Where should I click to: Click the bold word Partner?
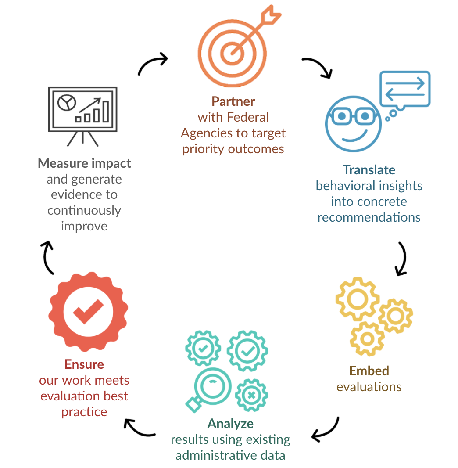click(x=233, y=101)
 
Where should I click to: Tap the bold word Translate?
click(x=369, y=170)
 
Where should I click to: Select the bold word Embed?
click(x=369, y=371)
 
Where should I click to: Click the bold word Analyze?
click(x=230, y=424)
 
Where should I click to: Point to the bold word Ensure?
click(x=84, y=364)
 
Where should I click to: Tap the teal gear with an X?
click(x=251, y=395)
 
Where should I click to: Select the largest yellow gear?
click(x=357, y=299)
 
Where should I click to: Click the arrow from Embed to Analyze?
click(x=326, y=431)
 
